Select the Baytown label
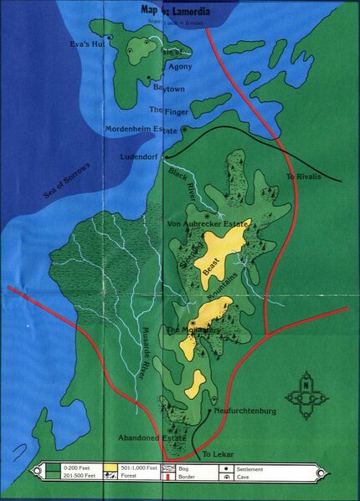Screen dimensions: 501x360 (x=168, y=87)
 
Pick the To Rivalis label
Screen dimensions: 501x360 (x=303, y=177)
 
